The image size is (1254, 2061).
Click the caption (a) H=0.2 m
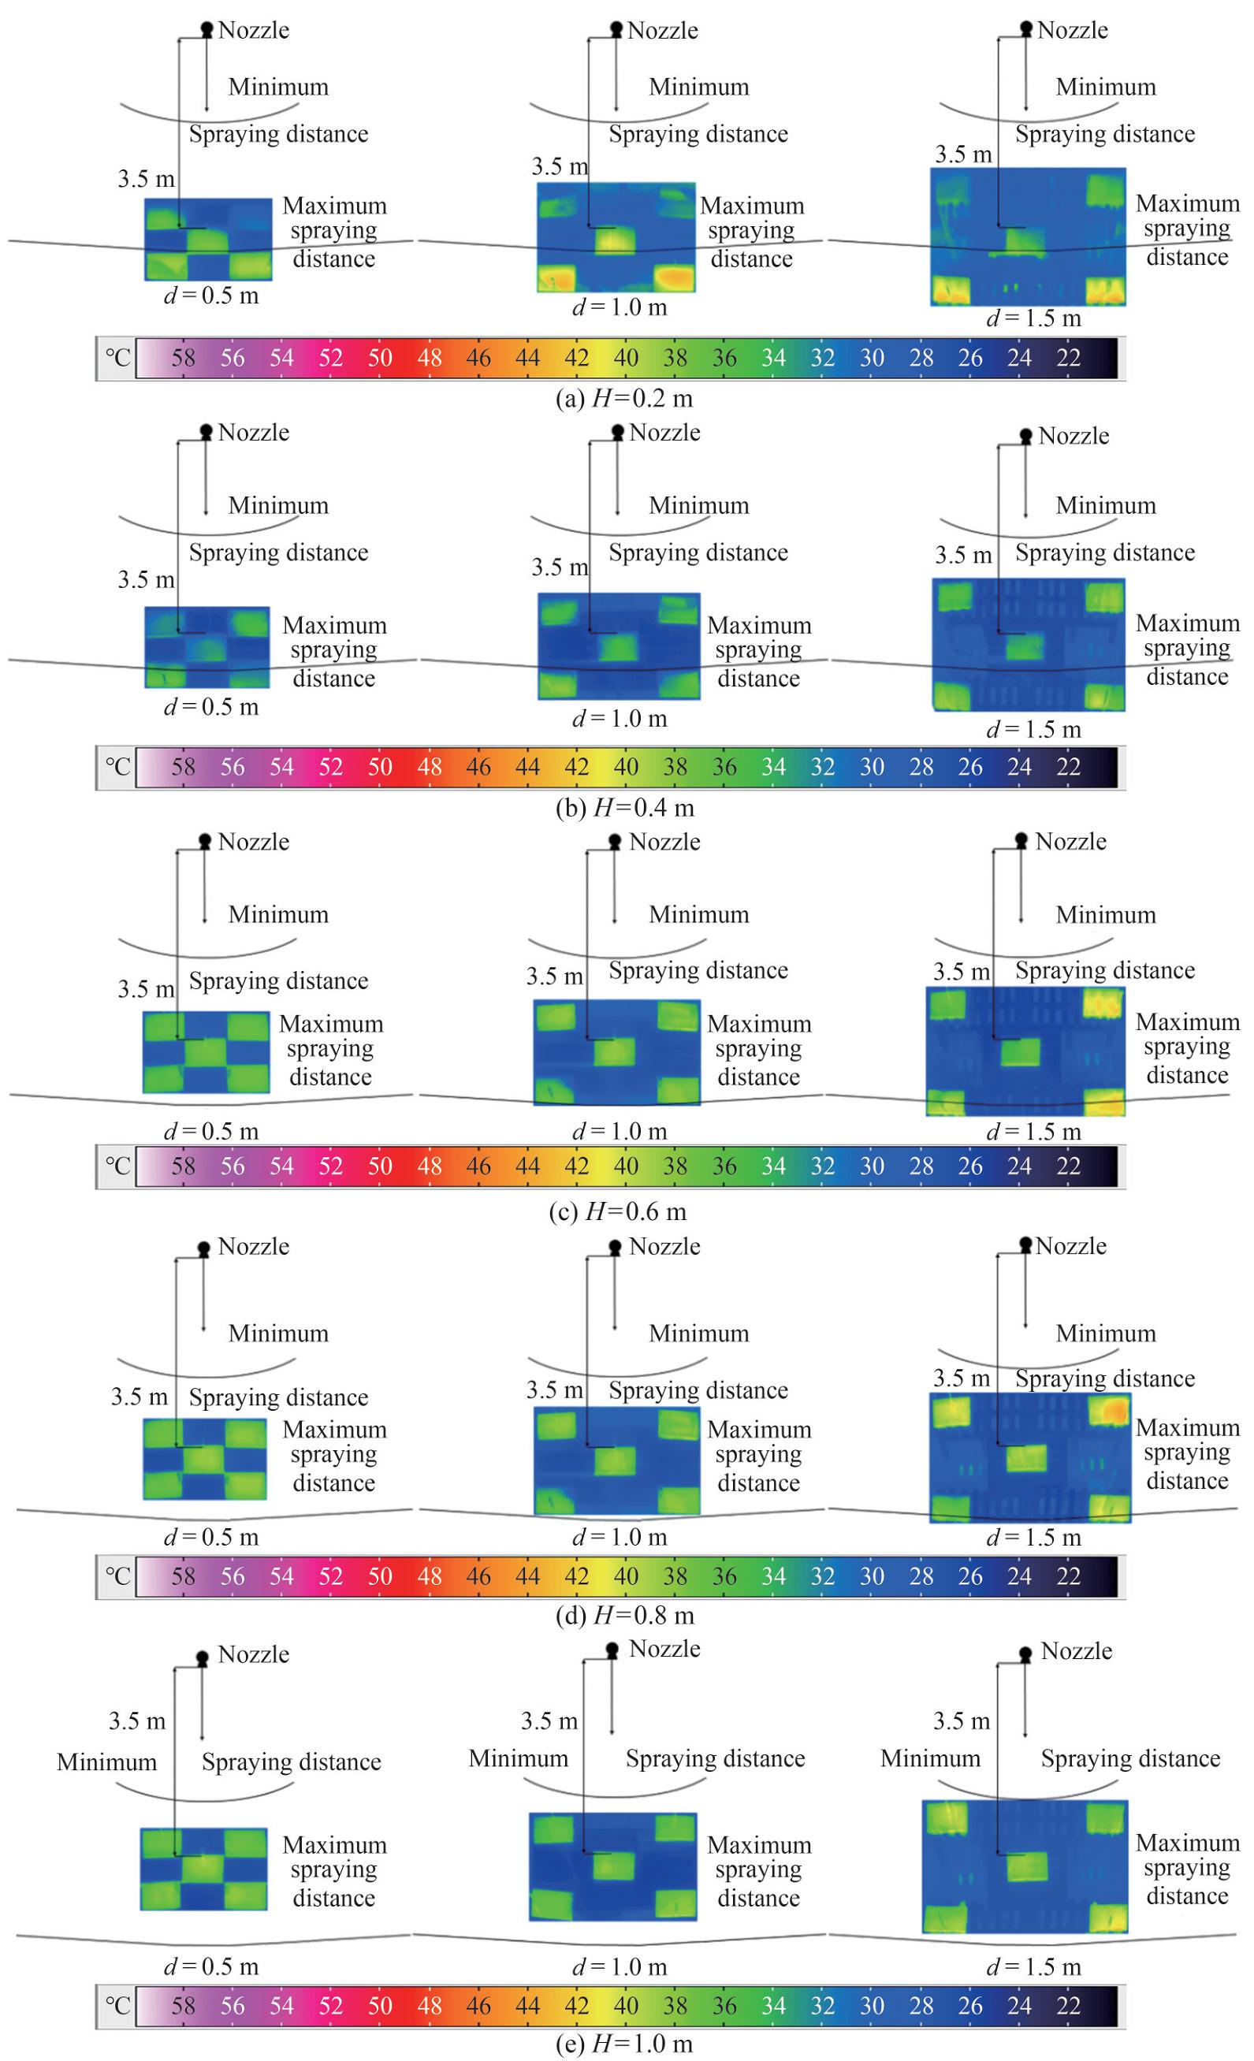point(624,399)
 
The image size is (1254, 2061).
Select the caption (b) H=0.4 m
point(624,808)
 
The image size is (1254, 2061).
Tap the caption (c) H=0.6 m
point(617,1212)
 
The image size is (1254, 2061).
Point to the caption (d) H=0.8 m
point(624,1615)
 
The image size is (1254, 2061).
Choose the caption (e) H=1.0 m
point(624,2044)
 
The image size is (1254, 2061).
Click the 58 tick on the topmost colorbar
point(183,358)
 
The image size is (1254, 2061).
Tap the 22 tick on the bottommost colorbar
point(1068,2006)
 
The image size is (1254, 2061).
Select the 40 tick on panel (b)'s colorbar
point(626,767)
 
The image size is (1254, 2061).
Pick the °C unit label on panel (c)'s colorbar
point(117,1165)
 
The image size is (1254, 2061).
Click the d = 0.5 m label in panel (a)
point(210,296)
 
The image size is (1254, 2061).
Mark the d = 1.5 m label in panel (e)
point(1034,1967)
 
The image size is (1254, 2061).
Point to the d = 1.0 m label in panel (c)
point(620,1132)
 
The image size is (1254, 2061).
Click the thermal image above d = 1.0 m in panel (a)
point(616,236)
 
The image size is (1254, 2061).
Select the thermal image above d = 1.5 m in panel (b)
point(1028,644)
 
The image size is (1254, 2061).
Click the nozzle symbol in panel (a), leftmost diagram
point(207,29)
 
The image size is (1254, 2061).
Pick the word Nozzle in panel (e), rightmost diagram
point(1077,1651)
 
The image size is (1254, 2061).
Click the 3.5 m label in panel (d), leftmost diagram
point(139,1397)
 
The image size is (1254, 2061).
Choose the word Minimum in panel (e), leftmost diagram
point(106,1762)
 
